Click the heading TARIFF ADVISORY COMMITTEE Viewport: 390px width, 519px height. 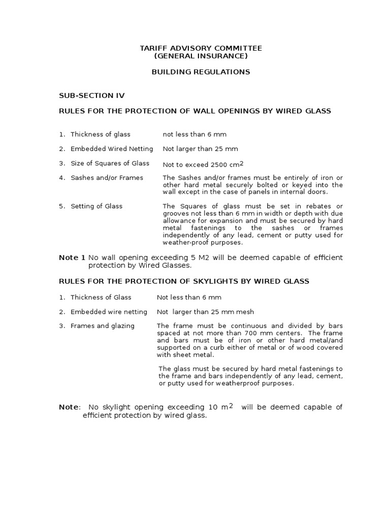click(x=201, y=48)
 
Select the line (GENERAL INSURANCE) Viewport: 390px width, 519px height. click(x=201, y=56)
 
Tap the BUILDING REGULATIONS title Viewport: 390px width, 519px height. click(x=201, y=72)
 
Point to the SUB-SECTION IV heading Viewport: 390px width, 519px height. click(x=91, y=95)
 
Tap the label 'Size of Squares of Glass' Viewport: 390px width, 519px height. click(x=110, y=163)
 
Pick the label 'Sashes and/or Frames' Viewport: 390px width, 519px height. click(x=107, y=177)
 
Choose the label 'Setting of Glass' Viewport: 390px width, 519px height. click(x=96, y=206)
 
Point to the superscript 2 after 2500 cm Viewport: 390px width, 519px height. click(x=242, y=163)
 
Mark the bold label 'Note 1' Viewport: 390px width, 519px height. click(x=72, y=257)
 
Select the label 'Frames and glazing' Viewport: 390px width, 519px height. click(x=103, y=326)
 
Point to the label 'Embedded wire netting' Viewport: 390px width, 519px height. click(x=109, y=312)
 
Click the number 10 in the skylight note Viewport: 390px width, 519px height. click(x=213, y=407)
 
